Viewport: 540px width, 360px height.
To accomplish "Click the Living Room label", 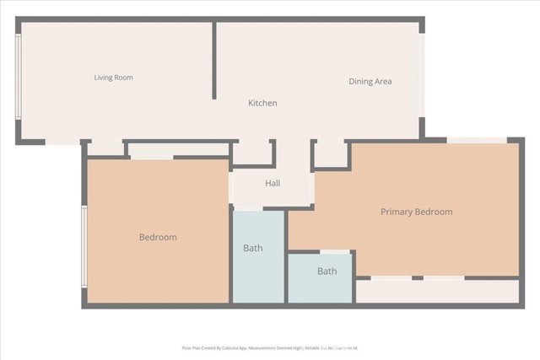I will [113, 78].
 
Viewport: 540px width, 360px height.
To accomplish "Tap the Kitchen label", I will [262, 103].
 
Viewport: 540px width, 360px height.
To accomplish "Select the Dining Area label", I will [370, 82].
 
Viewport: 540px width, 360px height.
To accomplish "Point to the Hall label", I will [273, 183].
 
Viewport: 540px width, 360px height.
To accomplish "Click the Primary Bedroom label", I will [416, 212].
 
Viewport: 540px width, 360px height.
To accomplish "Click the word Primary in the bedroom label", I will [396, 212].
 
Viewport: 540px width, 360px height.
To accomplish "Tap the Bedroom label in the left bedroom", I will [158, 237].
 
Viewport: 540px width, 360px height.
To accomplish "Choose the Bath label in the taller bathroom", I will [253, 248].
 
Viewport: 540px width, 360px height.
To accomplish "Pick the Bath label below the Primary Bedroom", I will [327, 271].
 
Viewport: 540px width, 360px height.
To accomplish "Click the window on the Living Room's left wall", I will [19, 77].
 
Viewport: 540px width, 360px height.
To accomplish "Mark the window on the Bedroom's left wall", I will [84, 246].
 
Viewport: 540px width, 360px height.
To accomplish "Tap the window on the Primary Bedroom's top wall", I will [477, 140].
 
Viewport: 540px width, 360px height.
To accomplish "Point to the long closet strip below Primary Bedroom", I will [437, 292].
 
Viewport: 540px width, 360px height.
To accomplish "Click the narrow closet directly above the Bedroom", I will [178, 149].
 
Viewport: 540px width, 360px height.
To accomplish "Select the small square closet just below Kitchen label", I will [252, 153].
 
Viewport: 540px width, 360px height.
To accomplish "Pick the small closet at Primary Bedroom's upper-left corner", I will [331, 153].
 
